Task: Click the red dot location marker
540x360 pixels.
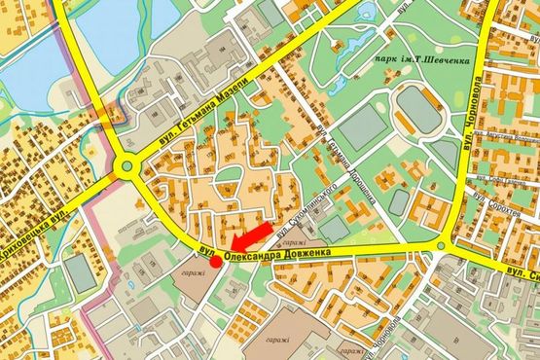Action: pyautogui.click(x=215, y=261)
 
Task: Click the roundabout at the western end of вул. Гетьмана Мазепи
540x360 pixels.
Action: pyautogui.click(x=126, y=166)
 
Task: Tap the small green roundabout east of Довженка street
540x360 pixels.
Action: pyautogui.click(x=443, y=246)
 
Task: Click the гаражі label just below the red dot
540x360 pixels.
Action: pyautogui.click(x=192, y=273)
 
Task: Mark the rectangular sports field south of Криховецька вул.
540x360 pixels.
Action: pyautogui.click(x=83, y=274)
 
